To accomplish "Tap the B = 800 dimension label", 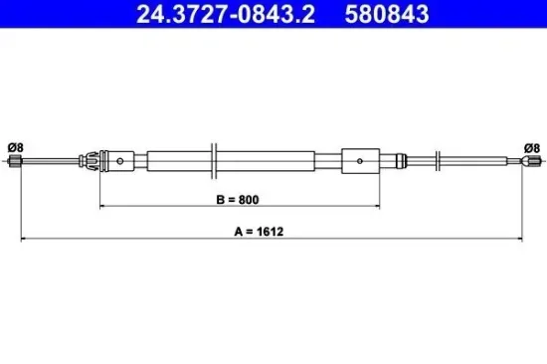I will [x=238, y=199].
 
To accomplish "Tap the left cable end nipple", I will [x=15, y=161].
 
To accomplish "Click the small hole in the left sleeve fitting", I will [x=120, y=160].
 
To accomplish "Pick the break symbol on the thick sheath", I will [x=214, y=160].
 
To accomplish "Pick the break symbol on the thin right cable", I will [x=439, y=160].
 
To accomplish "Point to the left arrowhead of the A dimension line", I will [x=24, y=240].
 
